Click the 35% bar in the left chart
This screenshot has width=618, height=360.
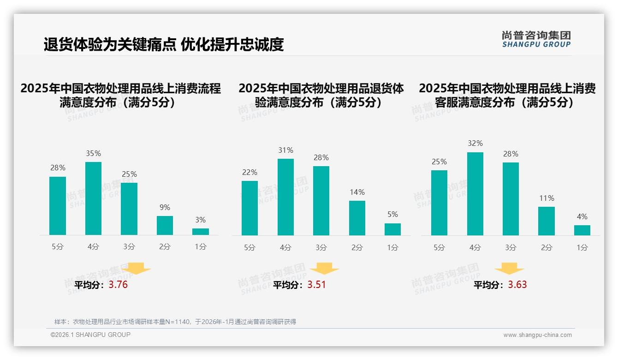tap(93, 198)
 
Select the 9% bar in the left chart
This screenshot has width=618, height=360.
tap(165, 226)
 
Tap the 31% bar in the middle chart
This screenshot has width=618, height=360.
tap(285, 197)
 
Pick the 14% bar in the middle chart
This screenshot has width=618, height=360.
tap(357, 218)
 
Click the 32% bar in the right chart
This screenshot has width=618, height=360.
tap(475, 194)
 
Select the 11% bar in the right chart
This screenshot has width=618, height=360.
tap(547, 221)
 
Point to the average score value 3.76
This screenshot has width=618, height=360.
tap(118, 285)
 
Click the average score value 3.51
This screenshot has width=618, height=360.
tap(316, 285)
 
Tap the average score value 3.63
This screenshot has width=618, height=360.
tap(517, 285)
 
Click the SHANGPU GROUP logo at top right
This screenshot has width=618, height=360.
tap(536, 39)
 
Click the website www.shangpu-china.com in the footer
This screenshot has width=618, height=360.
tap(537, 335)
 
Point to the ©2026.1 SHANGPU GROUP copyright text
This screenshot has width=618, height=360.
tap(90, 335)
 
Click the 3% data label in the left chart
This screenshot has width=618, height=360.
tap(200, 220)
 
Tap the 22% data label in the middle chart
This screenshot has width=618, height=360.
tap(250, 173)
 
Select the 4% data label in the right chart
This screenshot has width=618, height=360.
tap(582, 217)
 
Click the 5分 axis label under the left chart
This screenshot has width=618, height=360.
tap(58, 247)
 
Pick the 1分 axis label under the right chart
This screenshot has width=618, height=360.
tap(582, 248)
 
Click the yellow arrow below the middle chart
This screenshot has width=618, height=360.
tap(324, 269)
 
